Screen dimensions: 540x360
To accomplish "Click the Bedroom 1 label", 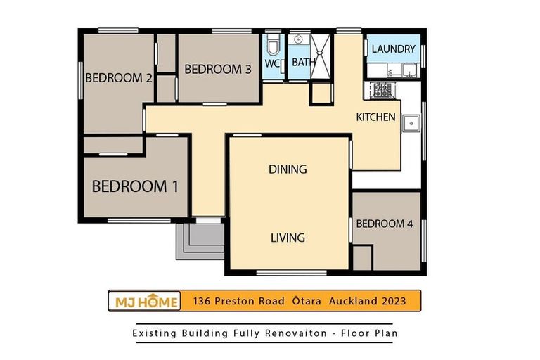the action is tap(135, 186).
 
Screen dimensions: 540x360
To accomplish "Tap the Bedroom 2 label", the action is tap(118, 78).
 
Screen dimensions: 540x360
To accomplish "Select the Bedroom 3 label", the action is tap(218, 69).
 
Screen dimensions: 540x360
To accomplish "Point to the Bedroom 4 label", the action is tap(385, 224).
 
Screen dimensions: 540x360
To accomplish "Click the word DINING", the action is tap(288, 169).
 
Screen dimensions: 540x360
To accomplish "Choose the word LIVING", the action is tap(288, 238).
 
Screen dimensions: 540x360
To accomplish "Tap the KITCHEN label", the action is tap(375, 117).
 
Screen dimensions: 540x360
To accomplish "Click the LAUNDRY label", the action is tap(394, 49).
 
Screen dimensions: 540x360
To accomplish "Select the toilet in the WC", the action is tap(274, 46).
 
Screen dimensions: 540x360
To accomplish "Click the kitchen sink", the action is tap(411, 123).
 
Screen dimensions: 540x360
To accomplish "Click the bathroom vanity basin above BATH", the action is tap(299, 39).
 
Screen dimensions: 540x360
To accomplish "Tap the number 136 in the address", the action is tap(202, 301).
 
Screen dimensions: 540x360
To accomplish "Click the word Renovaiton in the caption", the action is tap(296, 333).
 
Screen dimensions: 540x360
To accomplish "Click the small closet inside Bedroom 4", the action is tap(362, 257).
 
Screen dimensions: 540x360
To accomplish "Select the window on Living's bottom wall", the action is tap(291, 274).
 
